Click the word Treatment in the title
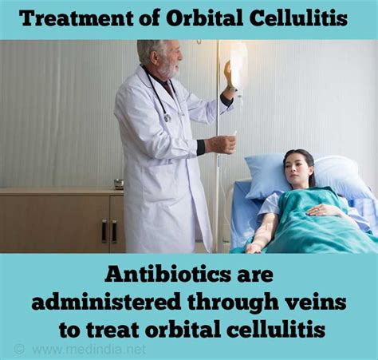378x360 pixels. point(77,18)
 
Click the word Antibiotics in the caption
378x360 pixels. point(167,275)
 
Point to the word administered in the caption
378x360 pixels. point(105,302)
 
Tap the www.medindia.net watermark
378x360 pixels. point(89,349)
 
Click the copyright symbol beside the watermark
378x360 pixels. point(19,349)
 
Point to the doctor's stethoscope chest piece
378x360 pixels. point(167,117)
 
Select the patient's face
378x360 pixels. point(296,167)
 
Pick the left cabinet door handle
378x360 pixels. point(104,231)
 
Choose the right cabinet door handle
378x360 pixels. point(114,231)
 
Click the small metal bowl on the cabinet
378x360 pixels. point(119,184)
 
